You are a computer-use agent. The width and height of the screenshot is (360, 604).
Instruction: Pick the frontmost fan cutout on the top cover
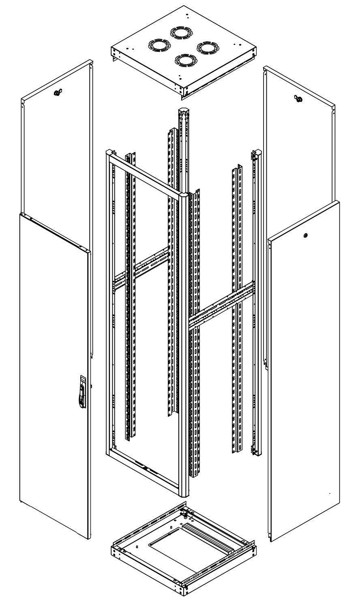(183, 60)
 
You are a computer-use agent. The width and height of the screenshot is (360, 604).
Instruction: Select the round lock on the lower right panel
(305, 235)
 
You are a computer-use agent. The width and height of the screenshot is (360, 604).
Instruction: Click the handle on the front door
(82, 391)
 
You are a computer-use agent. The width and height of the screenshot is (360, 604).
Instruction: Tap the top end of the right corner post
(256, 154)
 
